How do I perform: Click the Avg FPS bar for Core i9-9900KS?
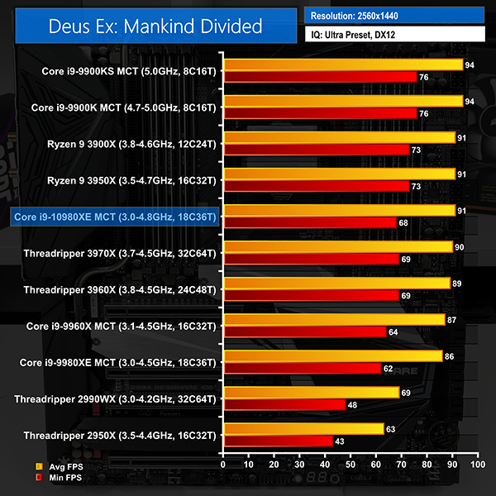click(342, 64)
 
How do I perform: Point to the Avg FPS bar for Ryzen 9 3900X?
click(339, 137)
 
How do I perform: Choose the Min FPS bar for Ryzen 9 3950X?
click(316, 186)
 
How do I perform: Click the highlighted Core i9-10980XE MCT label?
click(114, 217)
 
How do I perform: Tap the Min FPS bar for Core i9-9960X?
click(304, 331)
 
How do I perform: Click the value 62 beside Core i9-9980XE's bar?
click(388, 368)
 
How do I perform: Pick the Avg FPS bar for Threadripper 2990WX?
click(311, 392)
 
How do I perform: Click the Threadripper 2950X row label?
click(119, 435)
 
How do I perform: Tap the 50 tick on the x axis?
click(351, 465)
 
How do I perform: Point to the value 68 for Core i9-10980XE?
click(403, 222)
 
